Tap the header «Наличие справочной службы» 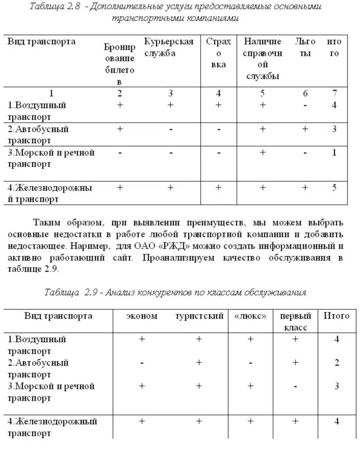click(x=263, y=59)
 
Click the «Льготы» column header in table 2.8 click(x=305, y=47)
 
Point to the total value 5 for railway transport click(x=334, y=188)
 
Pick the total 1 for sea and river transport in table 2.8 click(x=334, y=152)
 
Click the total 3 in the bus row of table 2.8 click(x=334, y=129)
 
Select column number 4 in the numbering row click(x=218, y=94)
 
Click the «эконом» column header click(x=142, y=316)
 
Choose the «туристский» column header click(x=199, y=316)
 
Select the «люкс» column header click(x=250, y=316)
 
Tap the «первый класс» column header click(x=295, y=322)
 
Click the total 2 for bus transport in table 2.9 click(x=337, y=362)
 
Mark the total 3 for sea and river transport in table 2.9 click(x=337, y=386)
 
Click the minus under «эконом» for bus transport click(x=142, y=363)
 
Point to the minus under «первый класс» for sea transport click(x=295, y=386)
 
